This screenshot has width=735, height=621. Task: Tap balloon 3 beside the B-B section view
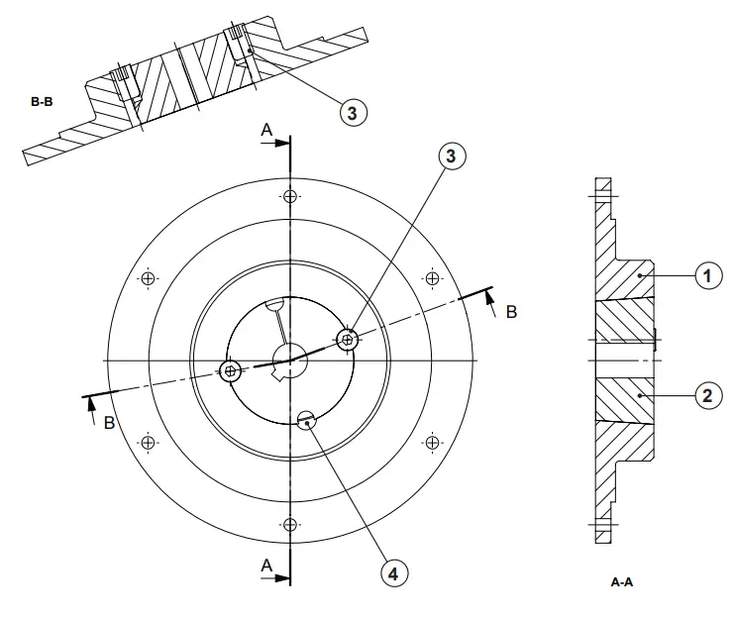352,111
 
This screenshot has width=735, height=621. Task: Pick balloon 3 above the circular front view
452,156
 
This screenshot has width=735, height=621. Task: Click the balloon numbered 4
393,572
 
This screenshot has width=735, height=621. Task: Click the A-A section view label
621,582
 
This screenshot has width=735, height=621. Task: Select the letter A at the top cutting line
265,130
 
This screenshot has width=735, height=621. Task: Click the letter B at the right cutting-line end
511,312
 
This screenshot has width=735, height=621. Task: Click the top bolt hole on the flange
289,195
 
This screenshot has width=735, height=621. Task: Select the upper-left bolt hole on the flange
148,277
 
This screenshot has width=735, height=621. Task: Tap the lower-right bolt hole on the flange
431,441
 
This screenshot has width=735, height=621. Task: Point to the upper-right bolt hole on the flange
431,277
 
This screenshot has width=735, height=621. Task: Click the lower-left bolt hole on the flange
148,441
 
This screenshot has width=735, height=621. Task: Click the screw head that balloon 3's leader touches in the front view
347,340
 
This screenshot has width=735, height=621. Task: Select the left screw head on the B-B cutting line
231,373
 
